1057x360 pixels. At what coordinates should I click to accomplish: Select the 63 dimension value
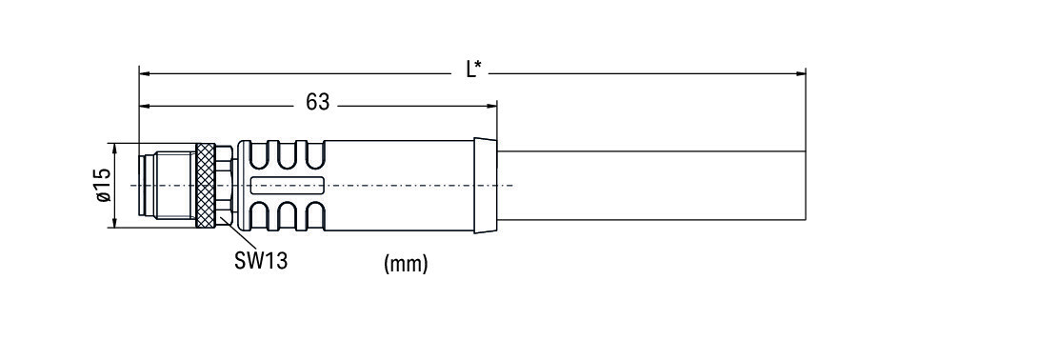(317, 102)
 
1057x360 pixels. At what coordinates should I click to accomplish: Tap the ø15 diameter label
(103, 185)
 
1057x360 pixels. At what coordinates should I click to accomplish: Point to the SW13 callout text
(261, 261)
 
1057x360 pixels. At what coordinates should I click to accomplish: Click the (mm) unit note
(406, 264)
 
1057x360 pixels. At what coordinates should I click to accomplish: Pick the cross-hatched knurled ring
(205, 185)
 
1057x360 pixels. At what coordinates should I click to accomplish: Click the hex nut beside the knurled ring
(224, 185)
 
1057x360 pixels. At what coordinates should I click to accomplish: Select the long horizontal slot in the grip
(288, 185)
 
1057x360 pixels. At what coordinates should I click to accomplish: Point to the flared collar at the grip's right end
(486, 185)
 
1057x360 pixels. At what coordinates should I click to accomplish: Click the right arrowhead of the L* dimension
(801, 73)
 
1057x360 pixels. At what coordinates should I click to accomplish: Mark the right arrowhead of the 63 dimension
(491, 106)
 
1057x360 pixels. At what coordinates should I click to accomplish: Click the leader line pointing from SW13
(238, 234)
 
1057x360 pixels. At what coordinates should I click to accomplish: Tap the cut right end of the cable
(806, 186)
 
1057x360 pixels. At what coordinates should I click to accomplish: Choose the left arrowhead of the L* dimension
(144, 73)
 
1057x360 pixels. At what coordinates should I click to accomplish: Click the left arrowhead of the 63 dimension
(144, 106)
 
